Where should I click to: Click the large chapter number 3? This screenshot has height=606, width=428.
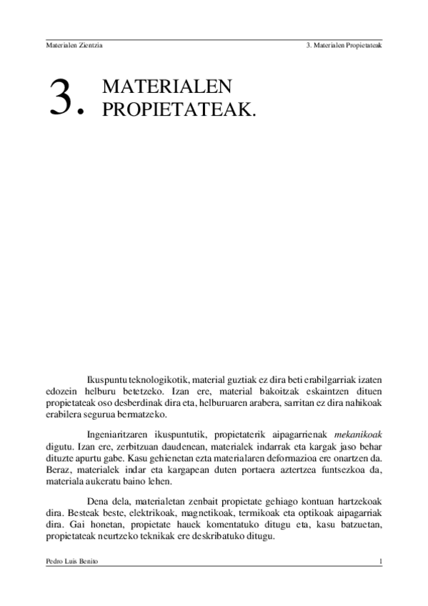click(x=63, y=96)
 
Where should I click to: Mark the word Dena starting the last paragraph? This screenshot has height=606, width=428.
click(x=96, y=502)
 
